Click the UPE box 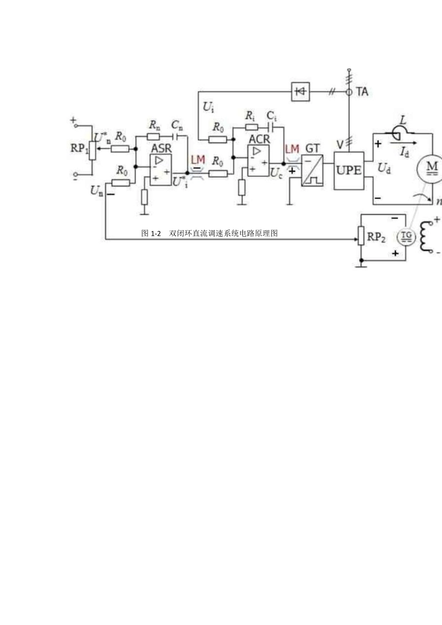pos(348,170)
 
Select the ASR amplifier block pos(161,169)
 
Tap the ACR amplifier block pos(258,160)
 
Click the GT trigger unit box pos(312,170)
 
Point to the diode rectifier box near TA pos(300,92)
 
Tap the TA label pos(362,92)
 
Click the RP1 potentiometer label pos(79,148)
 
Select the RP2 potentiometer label pos(376,237)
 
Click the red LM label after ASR pos(198,160)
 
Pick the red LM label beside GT pos(292,149)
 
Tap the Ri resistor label pos(250,115)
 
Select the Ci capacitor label pos(272,115)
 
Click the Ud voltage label pos(384,168)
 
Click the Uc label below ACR pos(276,173)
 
